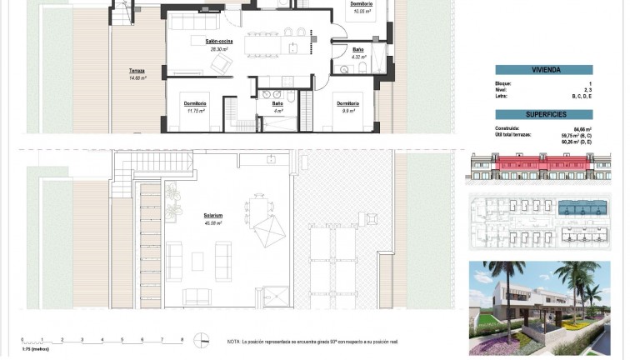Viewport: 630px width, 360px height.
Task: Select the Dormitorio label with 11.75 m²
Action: tap(196, 103)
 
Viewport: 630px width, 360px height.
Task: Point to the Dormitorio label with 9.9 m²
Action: tap(347, 103)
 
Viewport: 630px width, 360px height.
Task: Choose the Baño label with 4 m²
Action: tap(277, 103)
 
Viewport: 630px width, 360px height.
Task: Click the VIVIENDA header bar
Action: tap(543, 71)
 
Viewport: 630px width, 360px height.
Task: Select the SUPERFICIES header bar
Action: tap(543, 112)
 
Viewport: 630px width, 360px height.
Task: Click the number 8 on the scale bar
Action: tap(182, 339)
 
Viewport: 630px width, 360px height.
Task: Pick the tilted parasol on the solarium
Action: tap(268, 228)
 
